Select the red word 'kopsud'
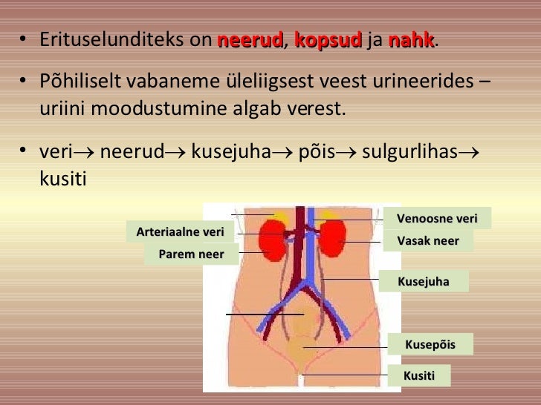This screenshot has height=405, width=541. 328,39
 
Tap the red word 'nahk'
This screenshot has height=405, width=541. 411,39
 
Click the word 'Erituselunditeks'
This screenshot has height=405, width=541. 112,40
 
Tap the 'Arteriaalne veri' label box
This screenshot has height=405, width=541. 180,232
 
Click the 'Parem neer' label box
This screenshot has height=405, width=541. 191,254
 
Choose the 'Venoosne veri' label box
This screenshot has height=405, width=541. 437,218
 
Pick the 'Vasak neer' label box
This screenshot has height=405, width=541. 428,240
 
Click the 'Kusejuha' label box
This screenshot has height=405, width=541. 424,282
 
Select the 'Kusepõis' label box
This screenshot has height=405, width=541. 430,344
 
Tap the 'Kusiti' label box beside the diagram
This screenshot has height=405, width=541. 419,375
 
